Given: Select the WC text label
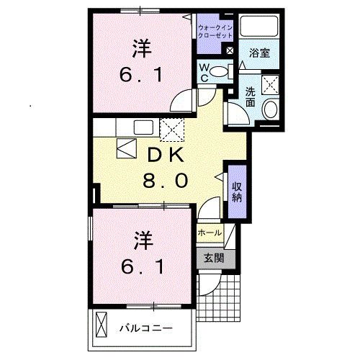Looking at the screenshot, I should pos(205,71).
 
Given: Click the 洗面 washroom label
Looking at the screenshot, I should pos(250,96).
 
